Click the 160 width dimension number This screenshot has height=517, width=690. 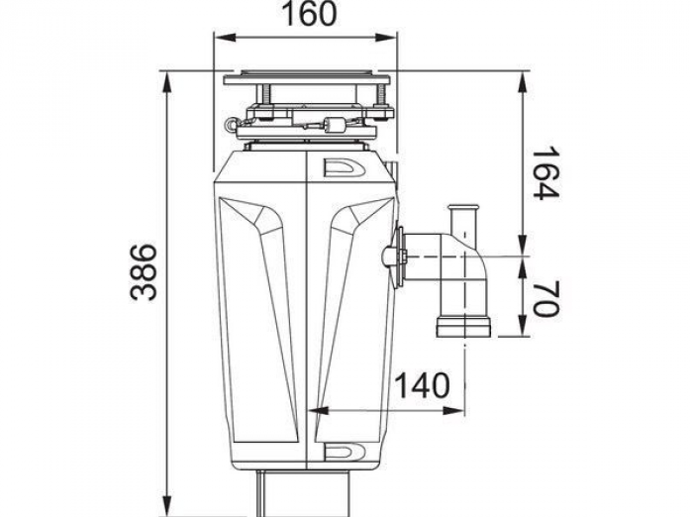click(x=309, y=14)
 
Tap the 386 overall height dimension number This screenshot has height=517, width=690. click(x=144, y=272)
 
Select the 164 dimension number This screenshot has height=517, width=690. click(x=545, y=173)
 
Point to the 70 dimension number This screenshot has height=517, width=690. click(x=545, y=298)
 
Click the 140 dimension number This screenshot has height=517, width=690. click(x=422, y=385)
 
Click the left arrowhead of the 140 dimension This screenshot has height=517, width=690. click(x=318, y=411)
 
